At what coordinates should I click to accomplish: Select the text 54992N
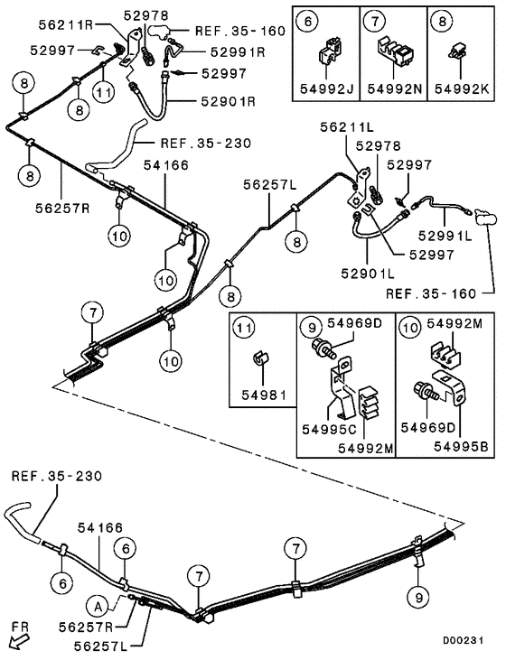(392, 89)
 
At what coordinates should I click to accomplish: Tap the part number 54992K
(460, 89)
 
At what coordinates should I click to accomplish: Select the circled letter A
(100, 604)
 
